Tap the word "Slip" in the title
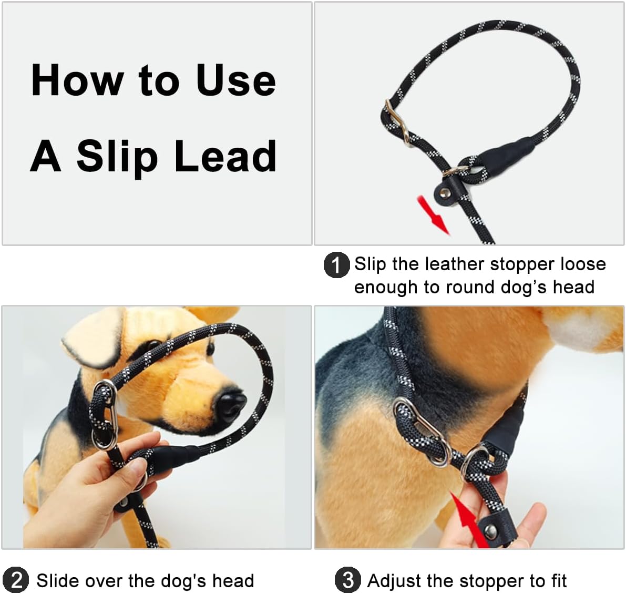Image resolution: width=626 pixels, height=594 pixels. [117, 156]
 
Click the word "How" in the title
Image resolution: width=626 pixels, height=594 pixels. [76, 80]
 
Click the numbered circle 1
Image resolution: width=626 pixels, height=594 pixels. [336, 265]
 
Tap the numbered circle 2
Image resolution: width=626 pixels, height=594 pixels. [16, 580]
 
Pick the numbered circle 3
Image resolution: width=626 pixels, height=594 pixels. [347, 580]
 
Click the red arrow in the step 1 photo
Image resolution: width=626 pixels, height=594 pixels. [433, 214]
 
